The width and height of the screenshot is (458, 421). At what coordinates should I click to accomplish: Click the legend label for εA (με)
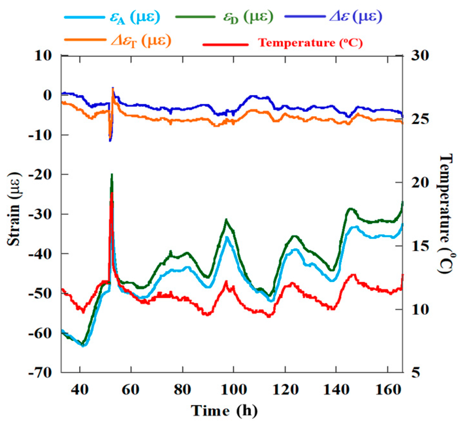click(x=134, y=17)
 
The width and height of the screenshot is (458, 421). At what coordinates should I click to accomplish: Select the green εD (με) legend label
click(x=248, y=17)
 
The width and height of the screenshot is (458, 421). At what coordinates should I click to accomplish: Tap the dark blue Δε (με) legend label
click(x=356, y=17)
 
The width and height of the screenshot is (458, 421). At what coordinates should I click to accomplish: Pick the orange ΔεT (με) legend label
click(x=141, y=41)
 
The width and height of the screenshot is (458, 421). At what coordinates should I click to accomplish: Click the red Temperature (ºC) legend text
click(x=310, y=43)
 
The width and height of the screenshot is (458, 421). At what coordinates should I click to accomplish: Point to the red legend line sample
click(x=226, y=44)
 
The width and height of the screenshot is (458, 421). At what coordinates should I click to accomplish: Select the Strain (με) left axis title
click(x=14, y=209)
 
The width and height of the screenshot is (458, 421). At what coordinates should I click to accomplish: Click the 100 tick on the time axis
click(x=233, y=390)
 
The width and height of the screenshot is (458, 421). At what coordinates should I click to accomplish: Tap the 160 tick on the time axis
click(x=388, y=390)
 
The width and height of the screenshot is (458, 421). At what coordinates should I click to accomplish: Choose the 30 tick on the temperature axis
click(x=419, y=56)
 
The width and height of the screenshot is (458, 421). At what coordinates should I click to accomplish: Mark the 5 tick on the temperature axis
click(x=415, y=373)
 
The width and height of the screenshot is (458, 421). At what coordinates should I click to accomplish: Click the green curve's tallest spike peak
click(x=112, y=174)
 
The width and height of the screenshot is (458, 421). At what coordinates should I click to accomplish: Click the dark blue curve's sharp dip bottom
click(x=110, y=141)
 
